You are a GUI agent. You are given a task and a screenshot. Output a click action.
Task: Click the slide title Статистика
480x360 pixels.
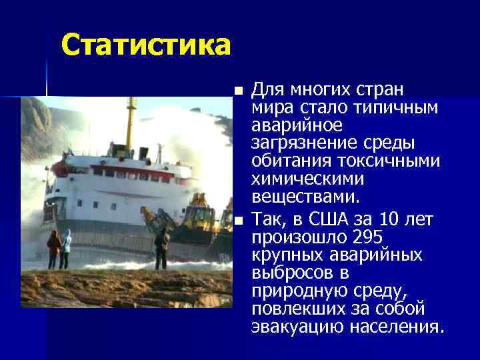click(x=146, y=45)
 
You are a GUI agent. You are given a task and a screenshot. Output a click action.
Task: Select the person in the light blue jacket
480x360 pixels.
click(x=67, y=247)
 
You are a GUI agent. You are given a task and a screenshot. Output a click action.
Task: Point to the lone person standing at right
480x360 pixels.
click(x=162, y=245)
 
